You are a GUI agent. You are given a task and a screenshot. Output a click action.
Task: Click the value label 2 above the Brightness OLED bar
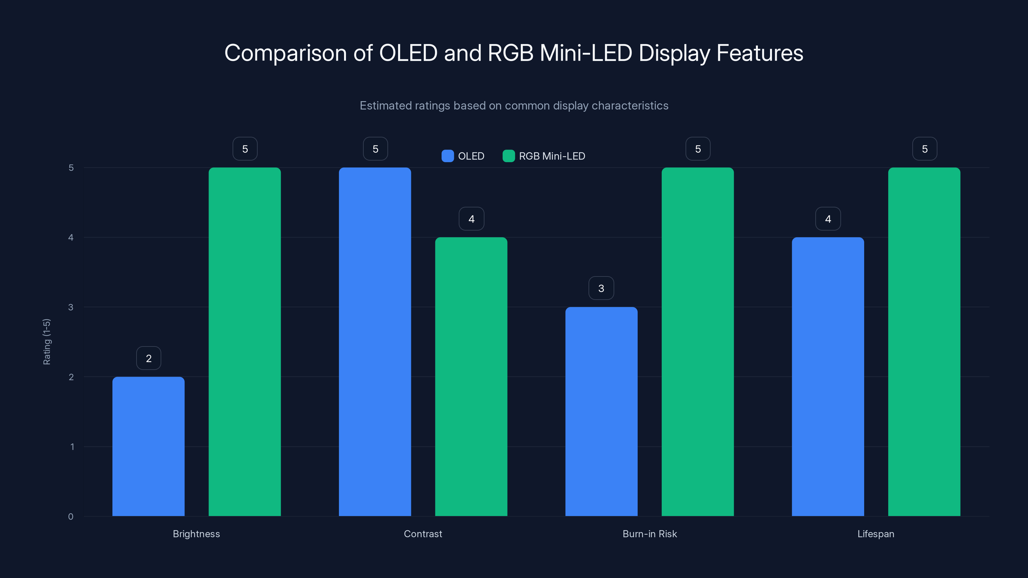coord(148,358)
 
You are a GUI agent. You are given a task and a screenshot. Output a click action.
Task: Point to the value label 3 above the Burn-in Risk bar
coord(601,288)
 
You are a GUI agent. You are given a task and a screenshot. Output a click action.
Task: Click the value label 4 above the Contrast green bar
coord(471,219)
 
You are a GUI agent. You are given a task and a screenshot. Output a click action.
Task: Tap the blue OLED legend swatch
coord(448,156)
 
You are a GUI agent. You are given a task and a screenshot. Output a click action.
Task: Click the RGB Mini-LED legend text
coord(552,156)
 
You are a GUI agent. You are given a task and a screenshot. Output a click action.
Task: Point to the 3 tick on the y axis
coord(71,307)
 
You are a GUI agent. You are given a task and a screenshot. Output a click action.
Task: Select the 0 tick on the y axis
coord(71,517)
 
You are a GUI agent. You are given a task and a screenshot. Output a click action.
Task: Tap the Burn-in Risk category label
coord(650,534)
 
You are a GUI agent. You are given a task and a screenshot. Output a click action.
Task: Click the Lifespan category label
coord(875,534)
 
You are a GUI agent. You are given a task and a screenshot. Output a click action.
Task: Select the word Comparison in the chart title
coord(285,53)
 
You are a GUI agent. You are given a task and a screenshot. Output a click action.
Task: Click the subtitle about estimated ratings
coord(514,105)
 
